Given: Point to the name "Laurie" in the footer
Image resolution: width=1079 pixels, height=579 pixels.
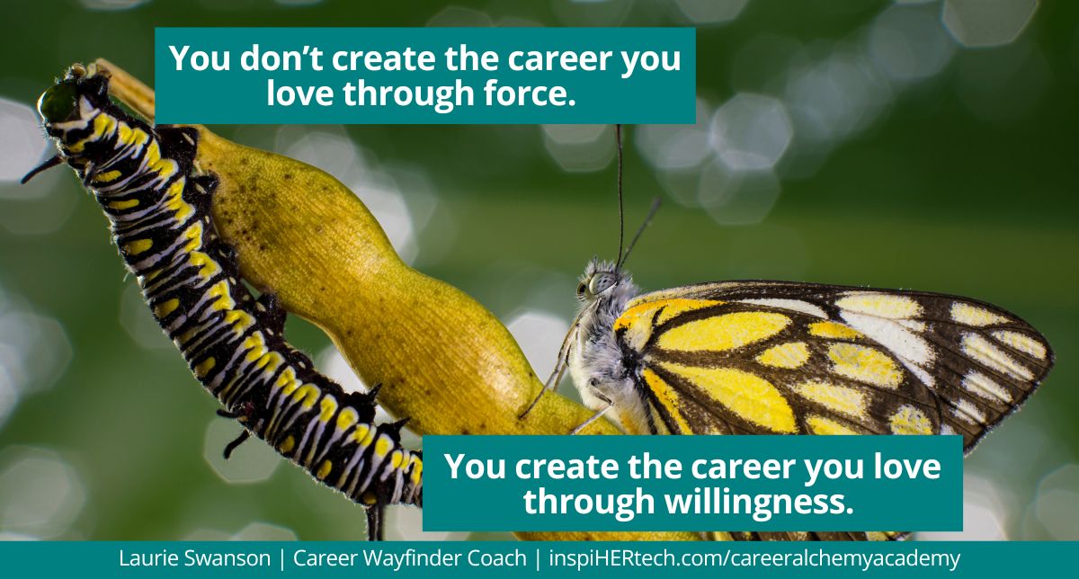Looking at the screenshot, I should tap(148, 558).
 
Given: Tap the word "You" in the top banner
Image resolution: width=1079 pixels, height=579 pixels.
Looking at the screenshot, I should tap(195, 59).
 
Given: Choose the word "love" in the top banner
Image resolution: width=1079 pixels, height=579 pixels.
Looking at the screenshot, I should tap(302, 94).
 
